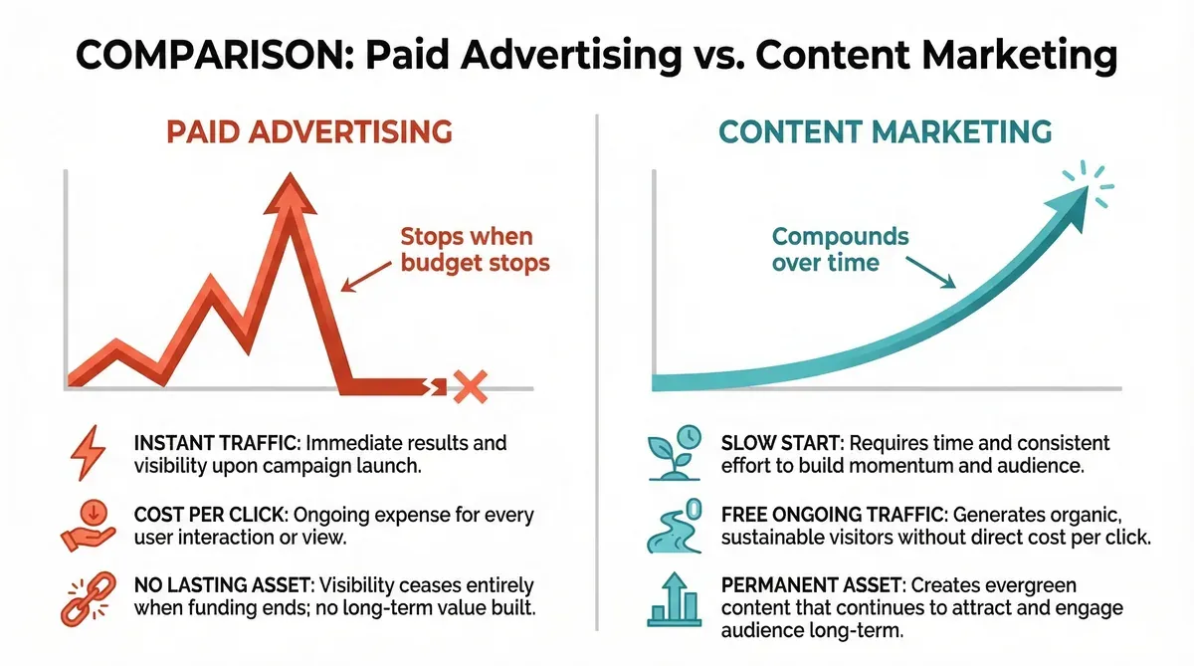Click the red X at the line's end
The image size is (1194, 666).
point(467,385)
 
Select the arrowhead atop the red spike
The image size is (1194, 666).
point(290,195)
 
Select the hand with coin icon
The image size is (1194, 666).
point(87,526)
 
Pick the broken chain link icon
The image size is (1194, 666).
point(87,596)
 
